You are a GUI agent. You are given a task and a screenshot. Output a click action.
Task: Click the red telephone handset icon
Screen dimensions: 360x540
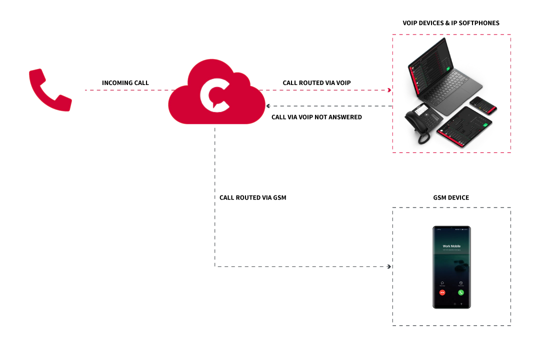pyautogui.click(x=48, y=91)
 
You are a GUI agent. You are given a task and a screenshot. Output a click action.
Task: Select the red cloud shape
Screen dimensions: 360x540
pyautogui.click(x=240, y=107)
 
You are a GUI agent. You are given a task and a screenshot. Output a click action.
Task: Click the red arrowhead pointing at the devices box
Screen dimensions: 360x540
pyautogui.click(x=389, y=90)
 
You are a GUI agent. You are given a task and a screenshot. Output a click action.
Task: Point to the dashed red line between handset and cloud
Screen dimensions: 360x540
pyautogui.click(x=125, y=90)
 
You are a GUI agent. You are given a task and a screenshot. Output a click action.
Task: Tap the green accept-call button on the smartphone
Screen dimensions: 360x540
pyautogui.click(x=460, y=292)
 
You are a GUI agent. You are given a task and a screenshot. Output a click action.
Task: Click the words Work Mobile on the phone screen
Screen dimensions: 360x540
pyautogui.click(x=451, y=246)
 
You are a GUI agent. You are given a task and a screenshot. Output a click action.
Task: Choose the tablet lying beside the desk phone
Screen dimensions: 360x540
pyautogui.click(x=464, y=127)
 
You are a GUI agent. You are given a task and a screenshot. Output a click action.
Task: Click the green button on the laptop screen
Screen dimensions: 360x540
pyautogui.click(x=448, y=68)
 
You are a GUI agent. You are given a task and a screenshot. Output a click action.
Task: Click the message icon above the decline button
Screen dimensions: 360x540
pyautogui.click(x=442, y=282)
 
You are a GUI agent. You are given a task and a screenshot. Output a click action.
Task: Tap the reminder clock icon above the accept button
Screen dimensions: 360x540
pyautogui.click(x=460, y=282)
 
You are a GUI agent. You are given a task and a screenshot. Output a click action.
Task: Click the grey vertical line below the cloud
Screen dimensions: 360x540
pyautogui.click(x=214, y=200)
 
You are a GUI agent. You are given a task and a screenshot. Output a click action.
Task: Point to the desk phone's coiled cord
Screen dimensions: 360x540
pyautogui.click(x=424, y=137)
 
